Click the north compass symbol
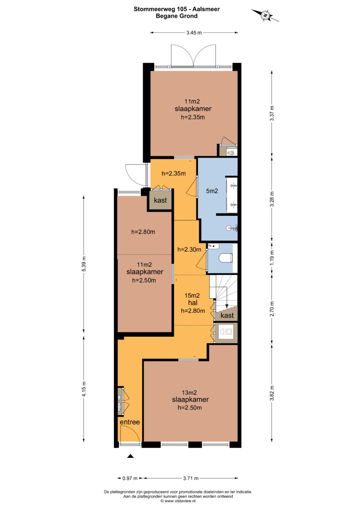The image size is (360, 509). pos(265,15)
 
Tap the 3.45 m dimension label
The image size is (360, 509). pos(194,32)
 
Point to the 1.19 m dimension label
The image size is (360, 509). pos(272,258)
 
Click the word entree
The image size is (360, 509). pos(130,422)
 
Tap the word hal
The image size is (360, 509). pos(193,303)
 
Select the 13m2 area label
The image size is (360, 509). pos(189,392)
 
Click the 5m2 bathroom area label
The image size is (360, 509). pos(212,191)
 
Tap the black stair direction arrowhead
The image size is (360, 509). pos(227,306)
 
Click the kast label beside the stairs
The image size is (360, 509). pos(227,315)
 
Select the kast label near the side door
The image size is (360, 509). pos(160,200)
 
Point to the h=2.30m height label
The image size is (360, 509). pos(189,250)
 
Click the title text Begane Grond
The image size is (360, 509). pos(177,16)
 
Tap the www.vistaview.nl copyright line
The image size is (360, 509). pos(178,501)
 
